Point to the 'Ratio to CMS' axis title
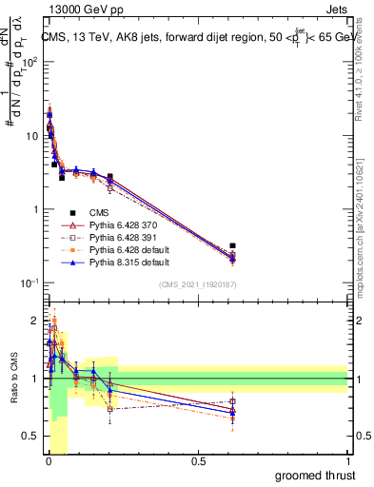[x=12, y=379]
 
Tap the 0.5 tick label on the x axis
[x=198, y=461]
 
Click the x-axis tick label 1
[x=347, y=461]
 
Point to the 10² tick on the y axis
[x=30, y=61]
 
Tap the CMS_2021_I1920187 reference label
[x=197, y=285]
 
